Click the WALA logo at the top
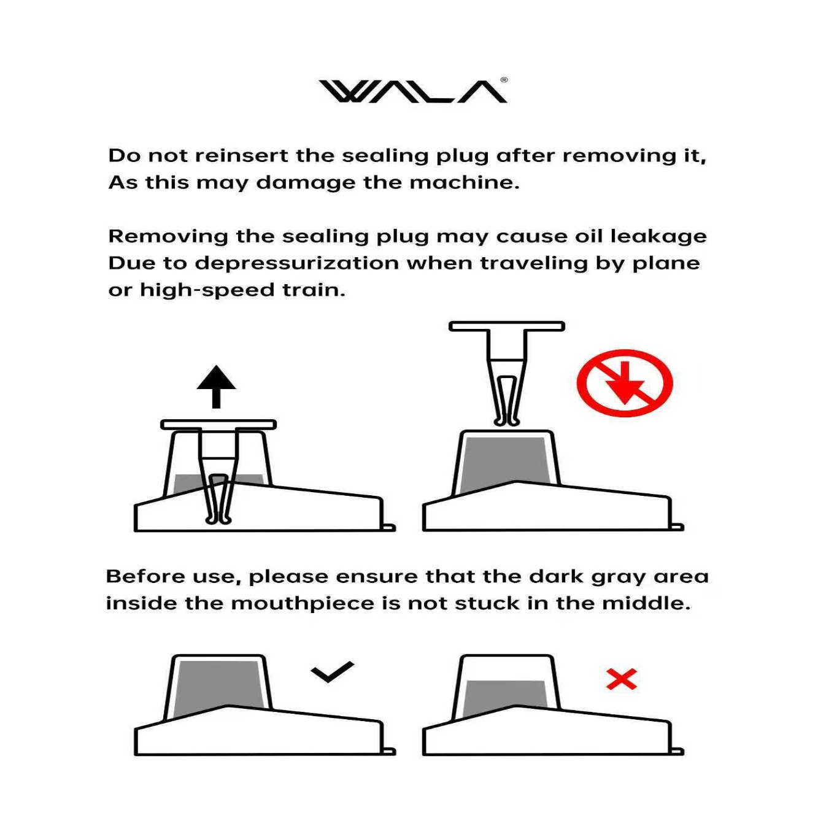pos(412,91)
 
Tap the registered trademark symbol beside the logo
pos(504,80)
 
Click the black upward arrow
pos(216,386)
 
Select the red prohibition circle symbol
pos(625,383)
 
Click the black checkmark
pos(332,671)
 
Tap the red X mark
pos(622,679)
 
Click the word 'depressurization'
pos(296,264)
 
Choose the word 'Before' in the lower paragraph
pos(146,577)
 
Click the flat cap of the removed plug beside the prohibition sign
pos(507,326)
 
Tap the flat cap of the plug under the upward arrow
pos(218,425)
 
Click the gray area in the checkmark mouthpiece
pos(218,686)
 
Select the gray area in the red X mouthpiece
pos(506,696)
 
